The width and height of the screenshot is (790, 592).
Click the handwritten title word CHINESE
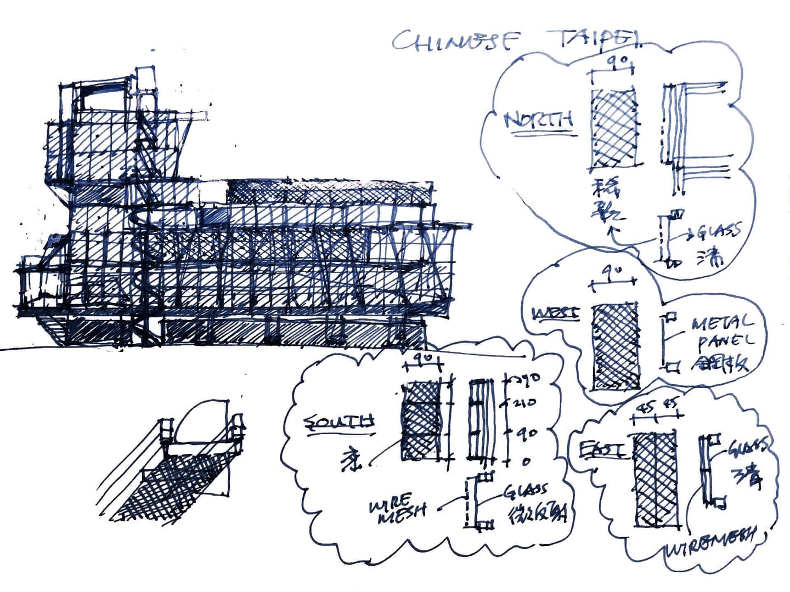click(x=456, y=40)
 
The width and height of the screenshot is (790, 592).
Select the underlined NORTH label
click(x=539, y=120)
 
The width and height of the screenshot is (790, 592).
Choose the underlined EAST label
click(x=601, y=449)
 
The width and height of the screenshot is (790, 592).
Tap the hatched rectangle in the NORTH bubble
click(x=613, y=128)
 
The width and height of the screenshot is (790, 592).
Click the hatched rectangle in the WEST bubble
click(x=616, y=346)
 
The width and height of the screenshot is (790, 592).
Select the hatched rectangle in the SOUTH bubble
click(x=421, y=420)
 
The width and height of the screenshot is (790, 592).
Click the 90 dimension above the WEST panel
click(x=611, y=271)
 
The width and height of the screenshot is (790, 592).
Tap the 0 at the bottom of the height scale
click(x=526, y=462)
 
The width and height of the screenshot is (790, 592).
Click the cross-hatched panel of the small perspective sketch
click(x=176, y=482)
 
